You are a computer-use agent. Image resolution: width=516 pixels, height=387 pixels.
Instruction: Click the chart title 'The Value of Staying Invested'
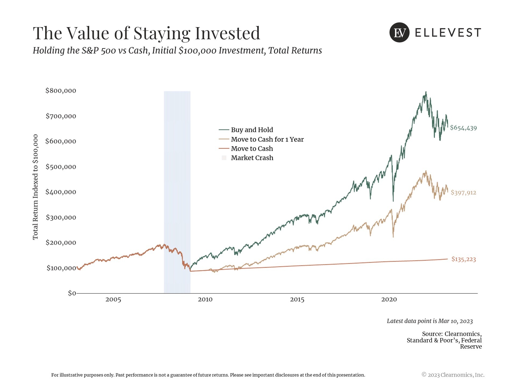tap(146, 33)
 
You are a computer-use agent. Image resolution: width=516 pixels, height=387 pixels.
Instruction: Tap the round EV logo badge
tap(399, 33)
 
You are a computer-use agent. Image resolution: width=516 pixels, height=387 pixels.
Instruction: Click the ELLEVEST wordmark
tap(448, 33)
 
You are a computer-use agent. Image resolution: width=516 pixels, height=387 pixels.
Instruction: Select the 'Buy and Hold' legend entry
tap(252, 130)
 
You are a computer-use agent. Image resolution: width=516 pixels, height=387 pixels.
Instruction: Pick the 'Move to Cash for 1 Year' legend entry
tap(267, 139)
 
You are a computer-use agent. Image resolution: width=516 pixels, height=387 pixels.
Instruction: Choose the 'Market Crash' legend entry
tap(252, 158)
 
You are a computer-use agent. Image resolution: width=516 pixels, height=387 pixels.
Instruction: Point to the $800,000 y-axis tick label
tap(61, 91)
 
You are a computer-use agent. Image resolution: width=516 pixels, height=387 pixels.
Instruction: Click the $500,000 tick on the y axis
tap(61, 167)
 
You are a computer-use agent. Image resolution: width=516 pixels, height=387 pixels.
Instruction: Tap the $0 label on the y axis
tap(72, 293)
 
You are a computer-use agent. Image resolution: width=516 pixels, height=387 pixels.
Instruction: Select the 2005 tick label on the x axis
tap(113, 300)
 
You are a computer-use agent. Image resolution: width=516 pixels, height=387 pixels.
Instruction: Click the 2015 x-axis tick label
tap(297, 300)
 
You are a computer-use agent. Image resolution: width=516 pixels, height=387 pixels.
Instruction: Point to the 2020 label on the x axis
tap(389, 300)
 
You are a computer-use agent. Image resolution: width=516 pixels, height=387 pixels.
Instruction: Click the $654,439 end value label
tap(463, 128)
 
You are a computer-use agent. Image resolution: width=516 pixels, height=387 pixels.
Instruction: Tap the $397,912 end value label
tap(463, 193)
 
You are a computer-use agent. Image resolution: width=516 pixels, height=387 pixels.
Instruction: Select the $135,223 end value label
tap(464, 259)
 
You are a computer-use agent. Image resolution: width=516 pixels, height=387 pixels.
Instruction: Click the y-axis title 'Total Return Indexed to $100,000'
tap(35, 187)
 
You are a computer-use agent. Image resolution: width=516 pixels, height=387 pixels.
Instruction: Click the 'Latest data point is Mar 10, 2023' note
tap(429, 321)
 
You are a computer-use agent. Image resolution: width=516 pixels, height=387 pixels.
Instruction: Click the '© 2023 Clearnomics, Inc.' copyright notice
tap(453, 375)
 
